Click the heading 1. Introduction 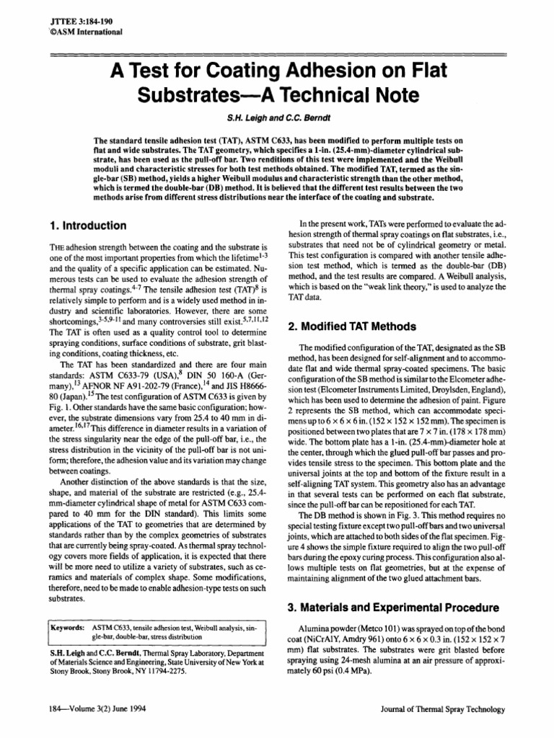coord(86,226)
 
